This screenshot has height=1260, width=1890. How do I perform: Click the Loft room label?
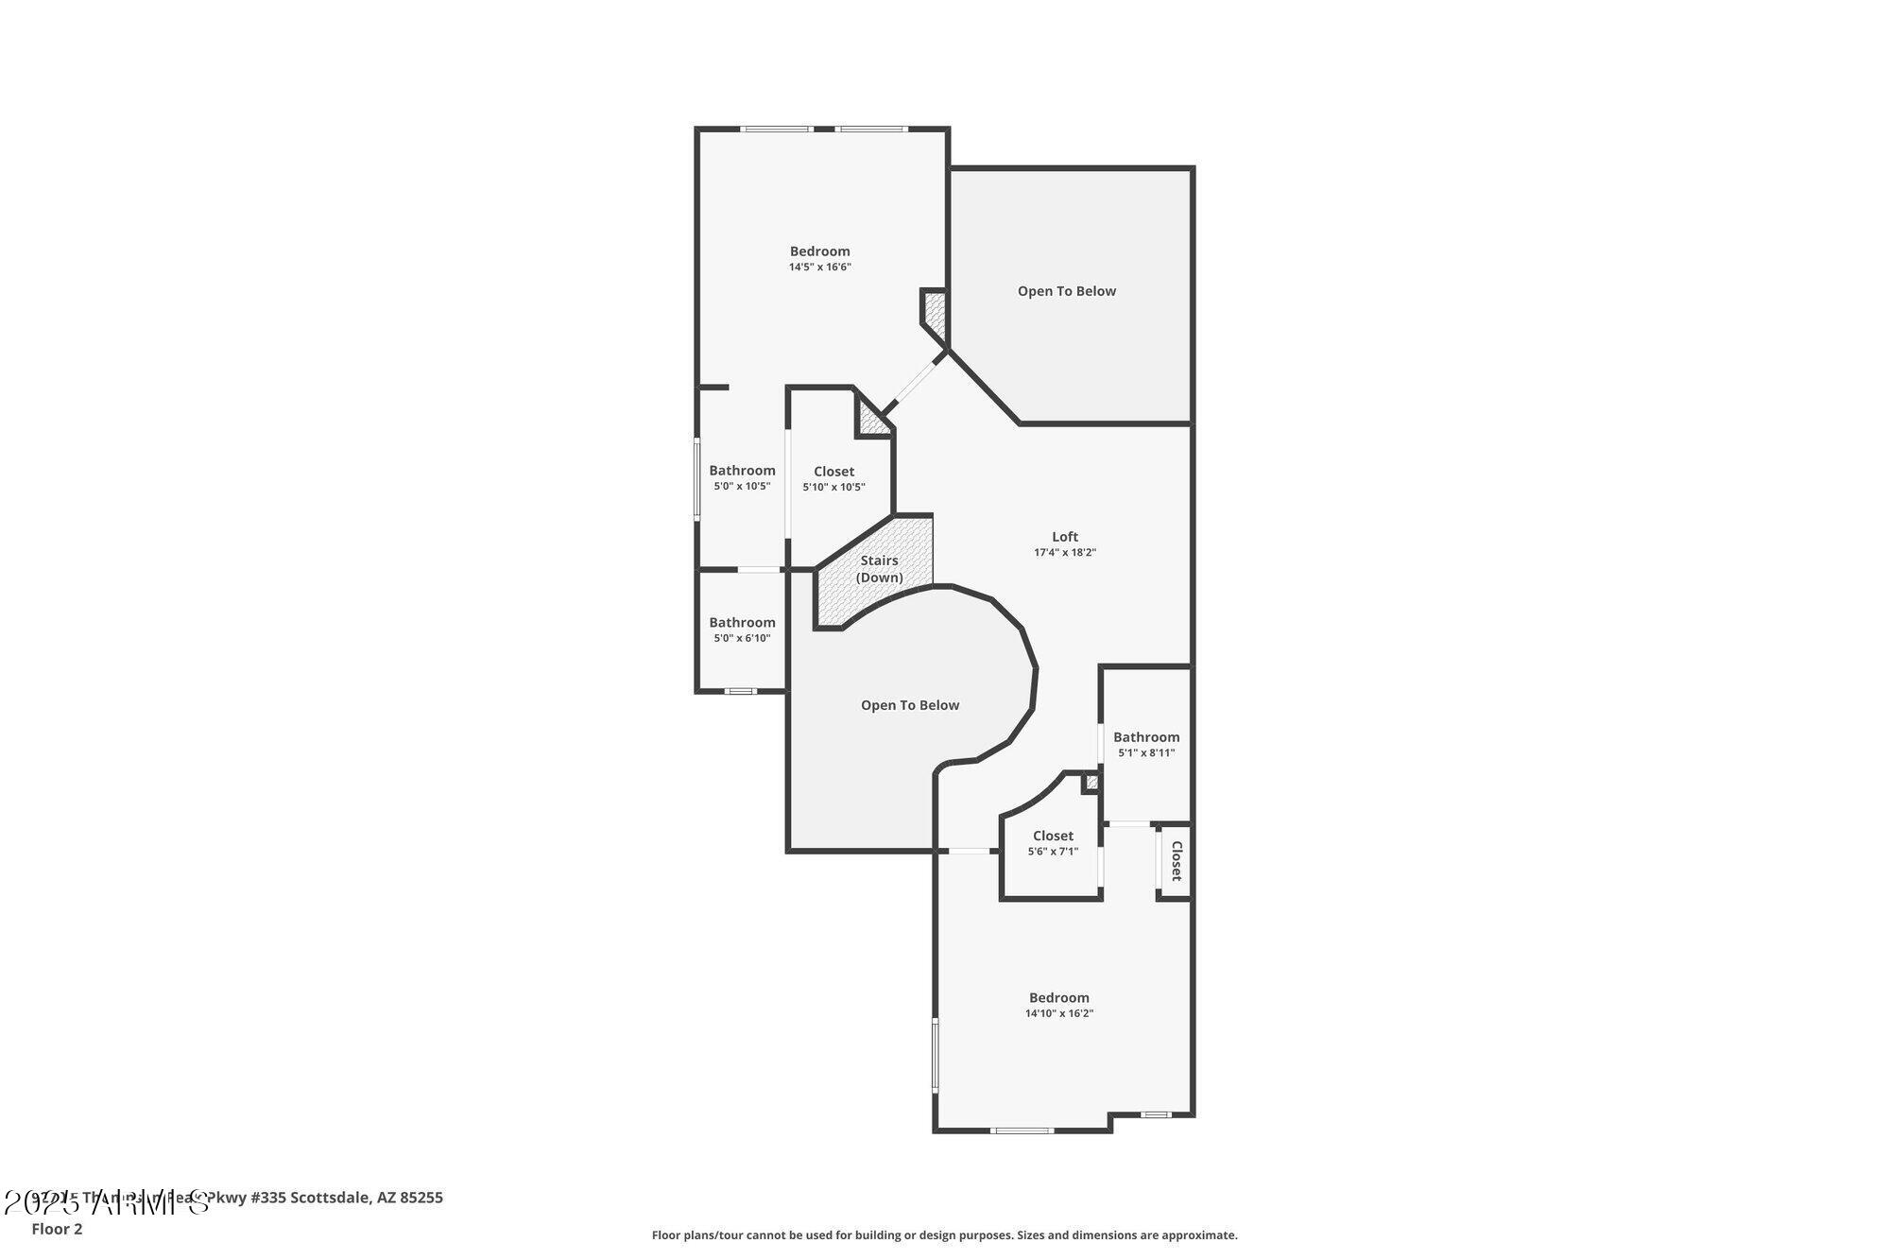coord(1065,536)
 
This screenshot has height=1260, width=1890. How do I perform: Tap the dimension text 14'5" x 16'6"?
coord(820,268)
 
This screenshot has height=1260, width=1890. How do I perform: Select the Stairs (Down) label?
coord(879,568)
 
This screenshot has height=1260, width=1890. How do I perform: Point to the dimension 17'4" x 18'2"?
coord(1065,553)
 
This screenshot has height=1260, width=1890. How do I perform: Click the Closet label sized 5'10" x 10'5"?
coord(833,471)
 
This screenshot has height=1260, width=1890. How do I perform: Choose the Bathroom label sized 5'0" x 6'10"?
coord(742,622)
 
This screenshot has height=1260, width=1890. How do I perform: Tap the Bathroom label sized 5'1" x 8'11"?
coord(1146,736)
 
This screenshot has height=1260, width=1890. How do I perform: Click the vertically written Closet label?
coord(1177,861)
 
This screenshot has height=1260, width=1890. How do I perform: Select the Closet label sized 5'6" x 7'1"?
coord(1053,836)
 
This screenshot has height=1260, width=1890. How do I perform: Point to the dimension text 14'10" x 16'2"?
coord(1059,1013)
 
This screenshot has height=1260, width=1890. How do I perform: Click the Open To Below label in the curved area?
coord(910,705)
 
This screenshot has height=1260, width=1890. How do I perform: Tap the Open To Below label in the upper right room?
coord(1067,291)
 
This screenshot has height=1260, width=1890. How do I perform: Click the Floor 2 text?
coord(57,1229)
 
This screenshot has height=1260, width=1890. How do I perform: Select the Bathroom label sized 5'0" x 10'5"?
coord(742,470)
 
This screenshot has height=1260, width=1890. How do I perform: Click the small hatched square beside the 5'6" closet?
coord(1091,782)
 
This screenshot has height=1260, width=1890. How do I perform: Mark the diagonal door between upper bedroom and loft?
coord(915,381)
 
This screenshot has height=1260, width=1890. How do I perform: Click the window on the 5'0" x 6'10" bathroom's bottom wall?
coord(740,691)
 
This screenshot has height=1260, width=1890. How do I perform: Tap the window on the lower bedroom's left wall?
coord(936,1054)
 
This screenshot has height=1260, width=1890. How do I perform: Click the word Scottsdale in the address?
coord(330,1198)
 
